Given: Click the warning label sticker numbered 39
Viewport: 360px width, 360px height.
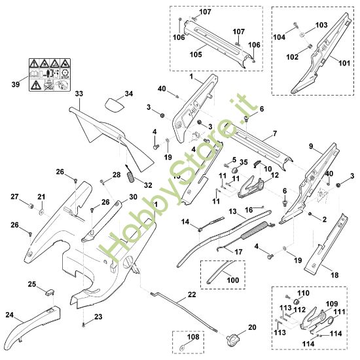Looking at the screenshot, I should click(46, 75).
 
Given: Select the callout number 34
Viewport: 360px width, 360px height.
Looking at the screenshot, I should click(128, 94).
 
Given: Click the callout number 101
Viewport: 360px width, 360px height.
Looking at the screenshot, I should click(344, 64).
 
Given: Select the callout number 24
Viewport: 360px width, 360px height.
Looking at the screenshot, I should click(9, 314).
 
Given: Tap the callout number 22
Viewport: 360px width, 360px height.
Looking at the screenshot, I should click(191, 295).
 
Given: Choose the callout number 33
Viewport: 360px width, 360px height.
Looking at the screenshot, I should click(79, 94).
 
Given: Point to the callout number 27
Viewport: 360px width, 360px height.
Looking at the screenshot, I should click(14, 196).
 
